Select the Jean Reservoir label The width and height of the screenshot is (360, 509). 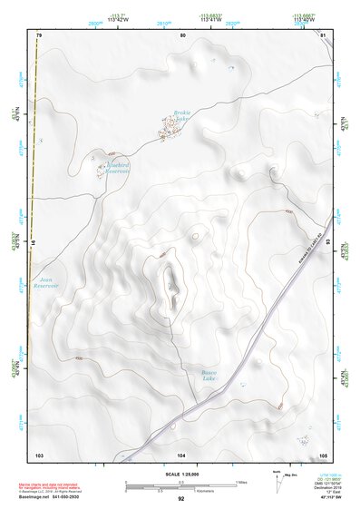tap(44, 283)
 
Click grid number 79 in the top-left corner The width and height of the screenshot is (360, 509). tap(39, 34)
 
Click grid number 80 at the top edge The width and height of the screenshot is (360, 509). tap(182, 34)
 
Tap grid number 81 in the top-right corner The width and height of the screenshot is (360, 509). tap(323, 34)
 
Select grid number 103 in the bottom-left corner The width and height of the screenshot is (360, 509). tap(39, 454)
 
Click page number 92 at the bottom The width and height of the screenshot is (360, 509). tap(181, 498)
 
